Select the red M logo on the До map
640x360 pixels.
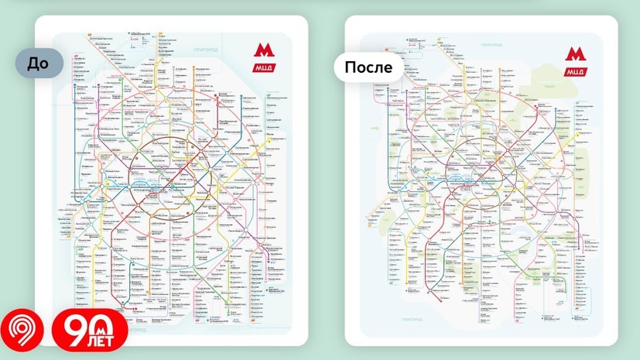(x=264, y=53)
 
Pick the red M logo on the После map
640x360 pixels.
(x=573, y=56)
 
